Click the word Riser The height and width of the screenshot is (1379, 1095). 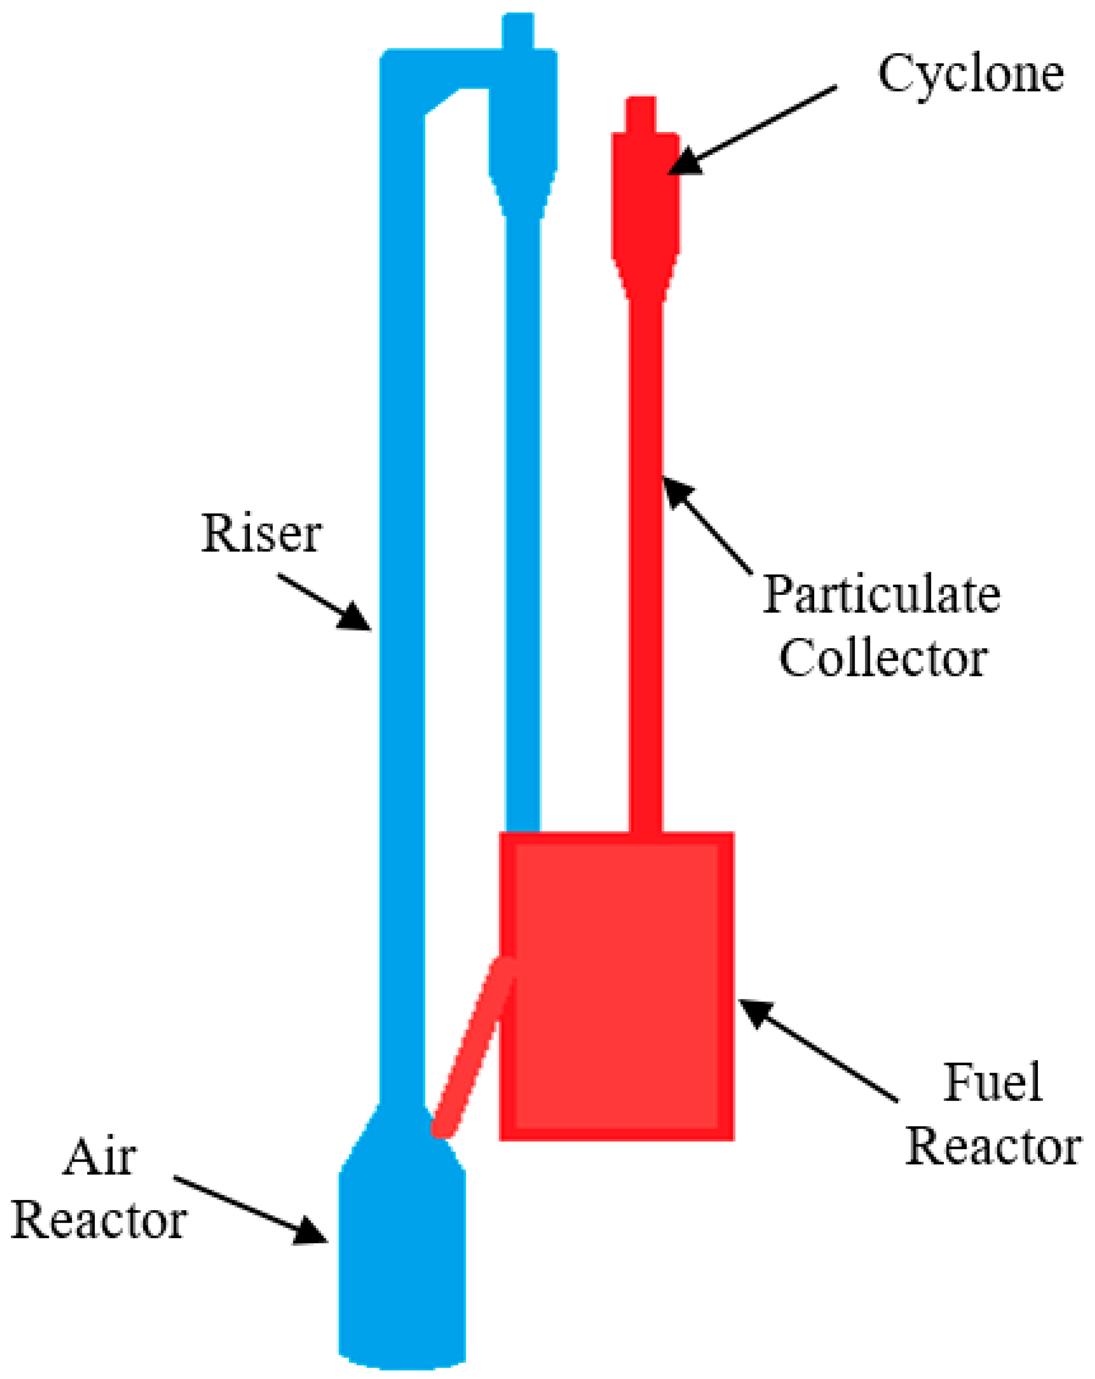tap(261, 534)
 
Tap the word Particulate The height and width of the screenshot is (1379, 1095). tap(881, 595)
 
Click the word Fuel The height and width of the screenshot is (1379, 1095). tap(992, 1082)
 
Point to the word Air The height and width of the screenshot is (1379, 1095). tap(99, 1158)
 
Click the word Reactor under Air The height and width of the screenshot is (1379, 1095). tap(99, 1221)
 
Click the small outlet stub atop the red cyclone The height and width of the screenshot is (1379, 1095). tap(640, 114)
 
